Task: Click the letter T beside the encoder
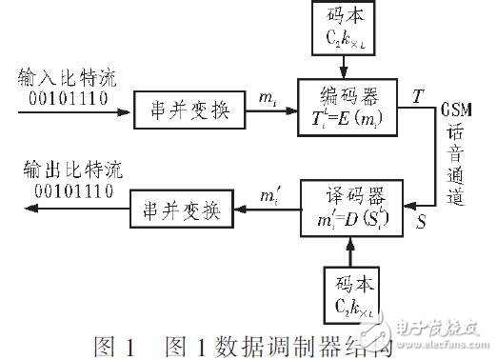[x=418, y=96]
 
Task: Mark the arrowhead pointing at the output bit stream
[x=17, y=210]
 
